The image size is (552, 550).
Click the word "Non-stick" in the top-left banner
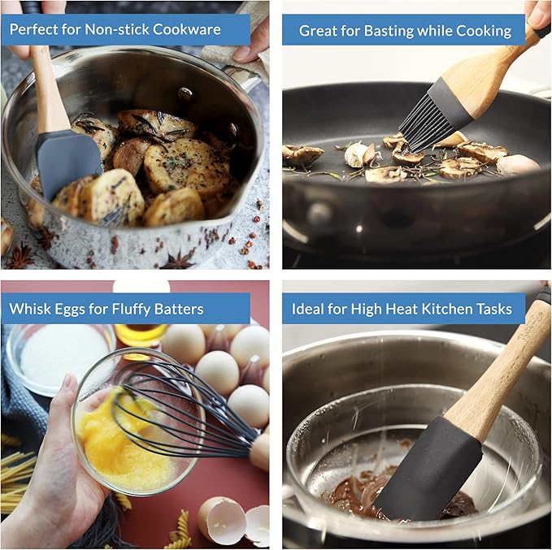coord(117,29)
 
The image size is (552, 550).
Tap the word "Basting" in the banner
coord(389,31)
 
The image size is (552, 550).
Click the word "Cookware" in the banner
coord(187,29)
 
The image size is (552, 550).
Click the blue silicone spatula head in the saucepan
coord(69,162)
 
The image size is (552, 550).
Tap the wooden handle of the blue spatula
coord(50,88)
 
